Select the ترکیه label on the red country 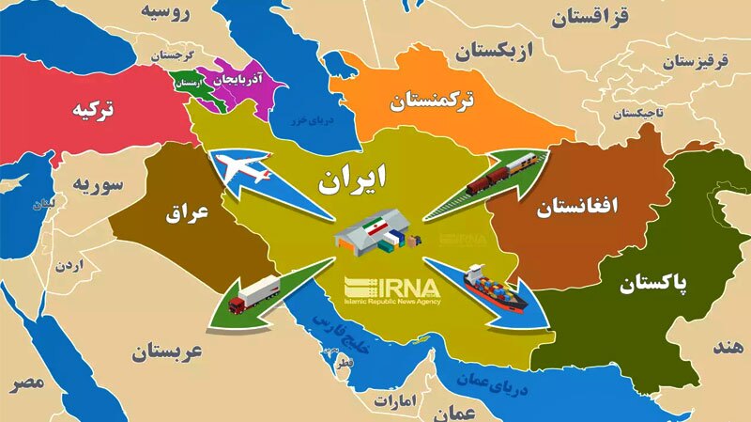click(x=96, y=110)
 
